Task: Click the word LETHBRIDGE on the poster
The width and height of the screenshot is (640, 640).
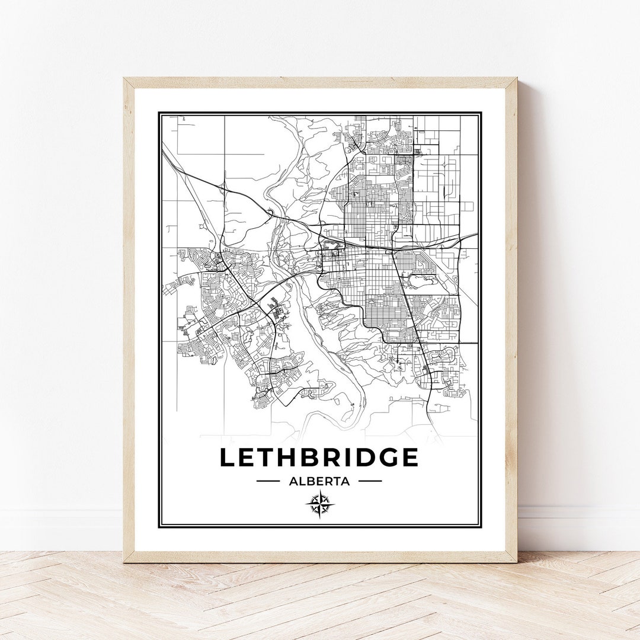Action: pyautogui.click(x=319, y=457)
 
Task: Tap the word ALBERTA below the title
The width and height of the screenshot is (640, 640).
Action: pyautogui.click(x=319, y=481)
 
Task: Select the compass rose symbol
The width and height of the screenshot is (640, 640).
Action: pyautogui.click(x=320, y=505)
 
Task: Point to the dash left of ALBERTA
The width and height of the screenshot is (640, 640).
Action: pyautogui.click(x=268, y=481)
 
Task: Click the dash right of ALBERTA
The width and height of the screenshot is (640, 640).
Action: pyautogui.click(x=370, y=481)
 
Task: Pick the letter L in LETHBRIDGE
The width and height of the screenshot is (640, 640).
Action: pyautogui.click(x=228, y=457)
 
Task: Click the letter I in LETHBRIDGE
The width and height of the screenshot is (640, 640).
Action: pyautogui.click(x=346, y=457)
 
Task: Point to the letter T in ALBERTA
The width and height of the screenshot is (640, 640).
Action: pyautogui.click(x=337, y=481)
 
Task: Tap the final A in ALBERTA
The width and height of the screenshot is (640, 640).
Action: pyautogui.click(x=345, y=481)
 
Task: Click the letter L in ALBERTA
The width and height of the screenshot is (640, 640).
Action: pyautogui.click(x=301, y=481)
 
